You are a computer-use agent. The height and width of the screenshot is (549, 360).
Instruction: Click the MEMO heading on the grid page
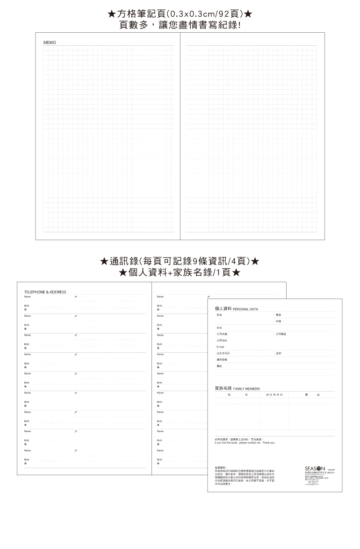[x=50, y=43]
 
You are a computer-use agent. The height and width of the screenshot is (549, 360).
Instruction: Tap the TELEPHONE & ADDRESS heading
[x=45, y=292]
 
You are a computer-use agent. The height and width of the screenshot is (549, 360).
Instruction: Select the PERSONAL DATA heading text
[x=245, y=309]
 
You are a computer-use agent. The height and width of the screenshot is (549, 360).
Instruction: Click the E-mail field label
[x=221, y=347]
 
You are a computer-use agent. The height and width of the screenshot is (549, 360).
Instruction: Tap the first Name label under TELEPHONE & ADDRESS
[x=27, y=297]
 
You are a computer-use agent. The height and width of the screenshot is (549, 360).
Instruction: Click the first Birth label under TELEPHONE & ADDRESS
[x=27, y=306]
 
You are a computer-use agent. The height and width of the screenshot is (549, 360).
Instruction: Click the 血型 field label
[x=278, y=353]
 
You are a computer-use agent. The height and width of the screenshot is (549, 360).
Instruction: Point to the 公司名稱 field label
[x=222, y=334]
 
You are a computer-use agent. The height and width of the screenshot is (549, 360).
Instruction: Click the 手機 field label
[x=278, y=321]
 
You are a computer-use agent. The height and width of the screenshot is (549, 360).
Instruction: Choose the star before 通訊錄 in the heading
[x=106, y=261]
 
